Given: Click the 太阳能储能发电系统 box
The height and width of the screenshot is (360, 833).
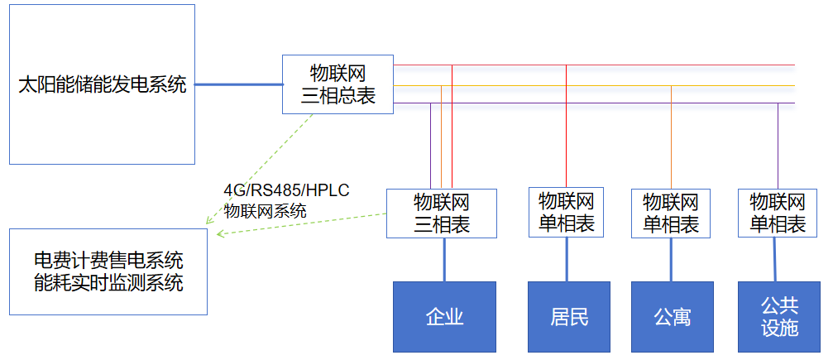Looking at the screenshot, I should [102, 84].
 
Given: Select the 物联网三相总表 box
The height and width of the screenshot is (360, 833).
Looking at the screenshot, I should [338, 84].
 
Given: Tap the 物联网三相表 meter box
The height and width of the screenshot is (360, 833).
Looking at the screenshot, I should [442, 213].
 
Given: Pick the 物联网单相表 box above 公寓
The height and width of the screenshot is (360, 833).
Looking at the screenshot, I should [671, 213].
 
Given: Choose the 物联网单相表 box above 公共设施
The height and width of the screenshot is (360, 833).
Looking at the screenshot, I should [778, 213].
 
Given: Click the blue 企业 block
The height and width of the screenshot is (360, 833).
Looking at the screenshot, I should [444, 316].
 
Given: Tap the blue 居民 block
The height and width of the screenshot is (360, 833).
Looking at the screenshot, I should [569, 316].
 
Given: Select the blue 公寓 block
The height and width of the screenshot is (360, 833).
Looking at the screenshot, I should [672, 316].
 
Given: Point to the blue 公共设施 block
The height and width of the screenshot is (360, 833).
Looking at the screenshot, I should [778, 316].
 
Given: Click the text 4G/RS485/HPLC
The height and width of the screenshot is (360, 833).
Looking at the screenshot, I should [286, 190].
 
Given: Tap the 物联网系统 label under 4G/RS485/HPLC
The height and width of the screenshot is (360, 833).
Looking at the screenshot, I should [265, 210].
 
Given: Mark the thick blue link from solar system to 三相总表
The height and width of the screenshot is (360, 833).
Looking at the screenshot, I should [238, 84].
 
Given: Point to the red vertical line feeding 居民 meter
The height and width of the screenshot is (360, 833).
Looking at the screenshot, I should [566, 124].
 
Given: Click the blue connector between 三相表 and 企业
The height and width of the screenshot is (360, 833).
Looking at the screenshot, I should [445, 259].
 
